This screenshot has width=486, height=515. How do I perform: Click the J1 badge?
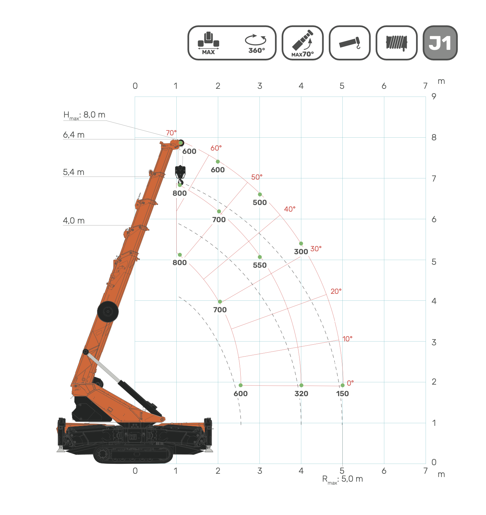440,43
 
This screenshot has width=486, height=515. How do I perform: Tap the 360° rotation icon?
256,43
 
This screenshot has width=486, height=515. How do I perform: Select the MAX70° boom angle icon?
303,43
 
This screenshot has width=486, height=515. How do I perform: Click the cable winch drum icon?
397,43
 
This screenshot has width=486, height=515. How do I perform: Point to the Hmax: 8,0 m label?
85,115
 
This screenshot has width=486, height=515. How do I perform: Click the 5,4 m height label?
74,172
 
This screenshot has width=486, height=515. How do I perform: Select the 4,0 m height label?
74,221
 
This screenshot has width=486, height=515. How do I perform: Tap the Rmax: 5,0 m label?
343,480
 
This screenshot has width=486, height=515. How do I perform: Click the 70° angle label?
171,133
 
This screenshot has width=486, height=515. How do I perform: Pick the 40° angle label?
290,209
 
